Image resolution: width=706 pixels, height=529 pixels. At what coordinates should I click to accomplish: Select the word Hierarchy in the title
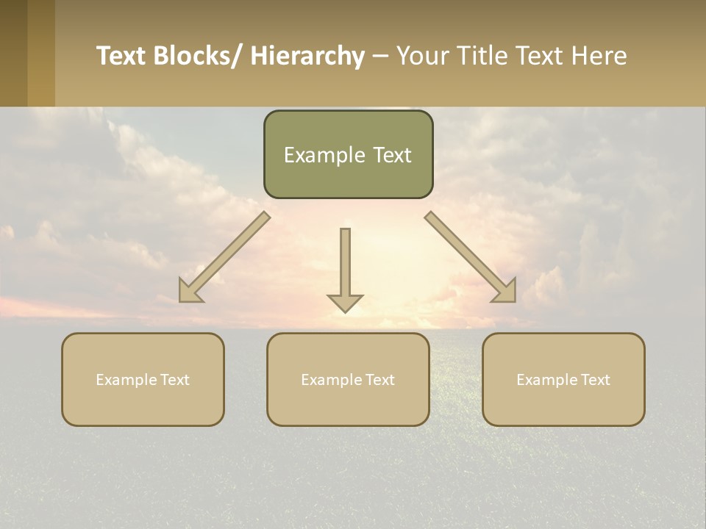point(307,57)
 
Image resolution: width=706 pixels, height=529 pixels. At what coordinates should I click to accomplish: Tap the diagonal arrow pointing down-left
point(224,257)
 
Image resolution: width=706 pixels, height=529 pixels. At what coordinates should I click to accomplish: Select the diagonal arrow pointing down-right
point(471,257)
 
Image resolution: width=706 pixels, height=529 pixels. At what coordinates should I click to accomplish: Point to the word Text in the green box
point(389,155)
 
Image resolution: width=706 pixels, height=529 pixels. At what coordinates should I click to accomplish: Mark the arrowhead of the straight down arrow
point(345,302)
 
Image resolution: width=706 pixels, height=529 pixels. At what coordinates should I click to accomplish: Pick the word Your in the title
point(421,57)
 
